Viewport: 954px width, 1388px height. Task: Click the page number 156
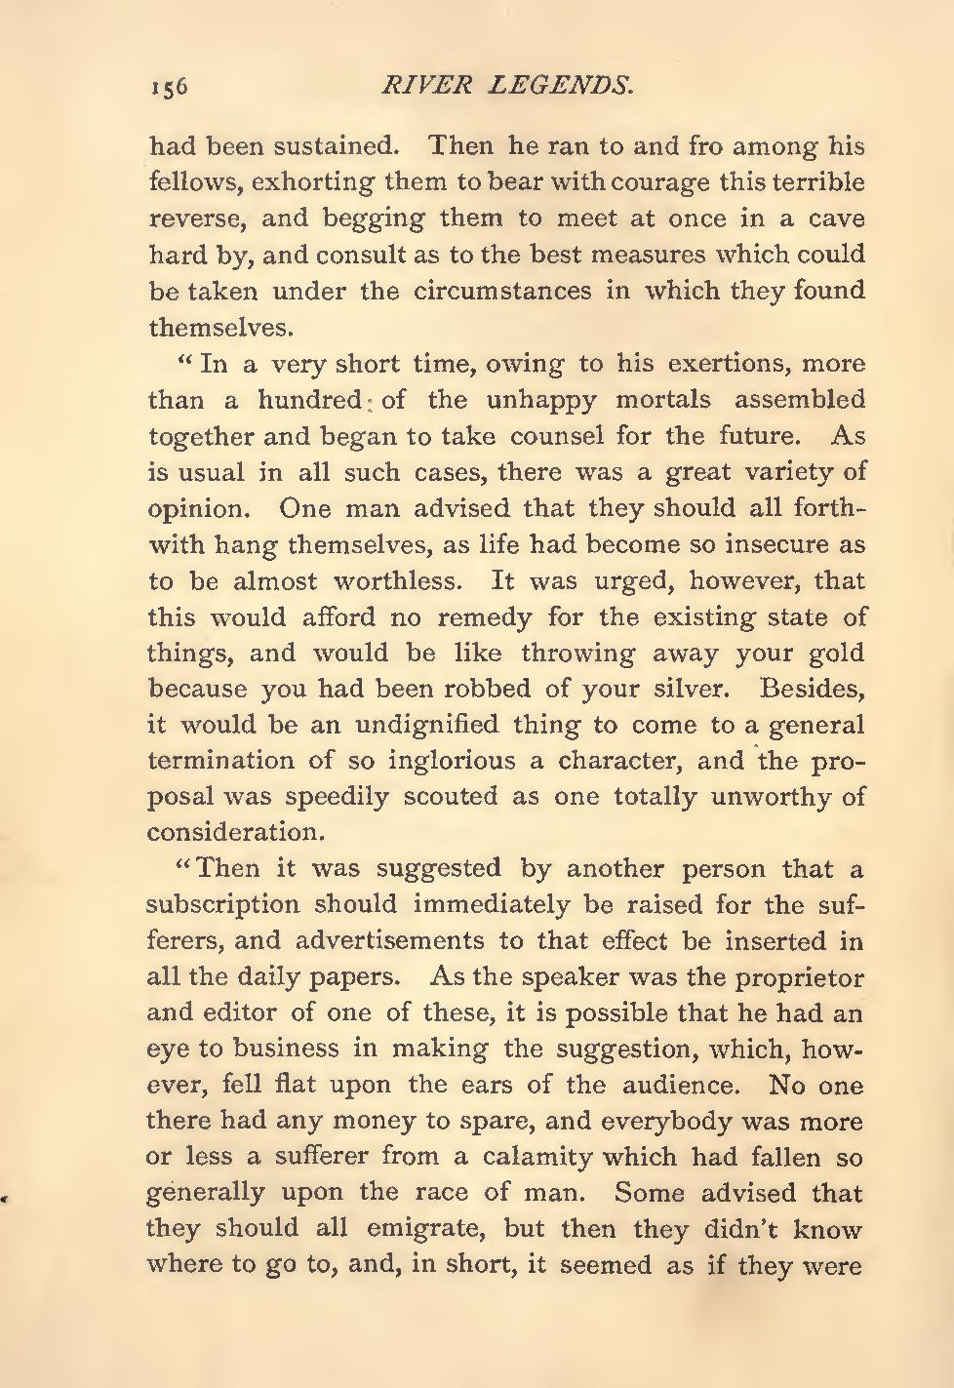coord(168,87)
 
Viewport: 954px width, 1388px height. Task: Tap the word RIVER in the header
coord(413,86)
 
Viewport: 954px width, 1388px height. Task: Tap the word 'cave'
coord(836,219)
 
